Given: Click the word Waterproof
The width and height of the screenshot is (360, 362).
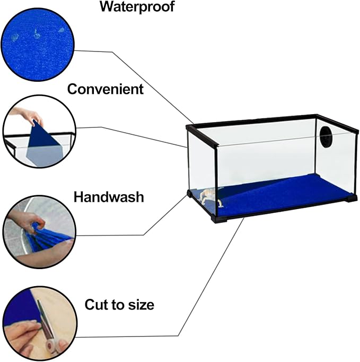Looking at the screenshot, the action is point(137,6).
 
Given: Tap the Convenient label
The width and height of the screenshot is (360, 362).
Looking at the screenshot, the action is point(106,89).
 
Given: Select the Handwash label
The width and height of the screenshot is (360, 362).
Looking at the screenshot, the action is point(109,197).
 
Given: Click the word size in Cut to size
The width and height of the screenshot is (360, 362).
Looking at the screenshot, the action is point(142,305).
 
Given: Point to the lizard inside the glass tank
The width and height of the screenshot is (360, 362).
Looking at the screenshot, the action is point(210,197).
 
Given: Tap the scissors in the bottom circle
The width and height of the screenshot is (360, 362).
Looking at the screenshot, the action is point(47,329).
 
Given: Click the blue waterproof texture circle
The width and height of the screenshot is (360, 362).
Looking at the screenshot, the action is point(38,44).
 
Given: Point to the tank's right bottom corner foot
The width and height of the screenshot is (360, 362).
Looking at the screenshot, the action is point(350,199).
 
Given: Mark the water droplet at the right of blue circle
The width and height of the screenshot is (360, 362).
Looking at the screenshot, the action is point(61,30).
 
